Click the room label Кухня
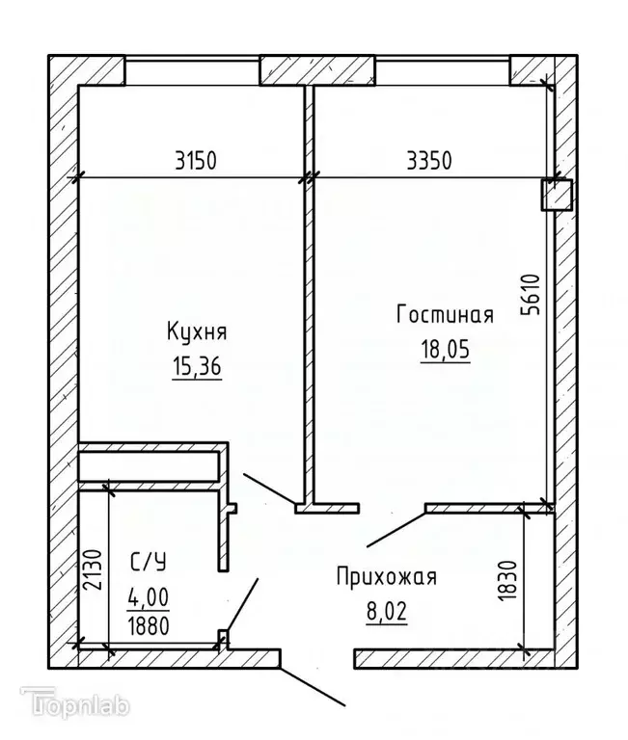click(197, 332)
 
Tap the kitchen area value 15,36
click(197, 366)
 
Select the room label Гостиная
click(445, 315)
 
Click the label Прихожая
click(386, 577)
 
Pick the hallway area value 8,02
click(386, 612)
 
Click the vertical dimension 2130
click(89, 576)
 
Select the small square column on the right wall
click(556, 195)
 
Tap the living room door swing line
click(393, 527)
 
